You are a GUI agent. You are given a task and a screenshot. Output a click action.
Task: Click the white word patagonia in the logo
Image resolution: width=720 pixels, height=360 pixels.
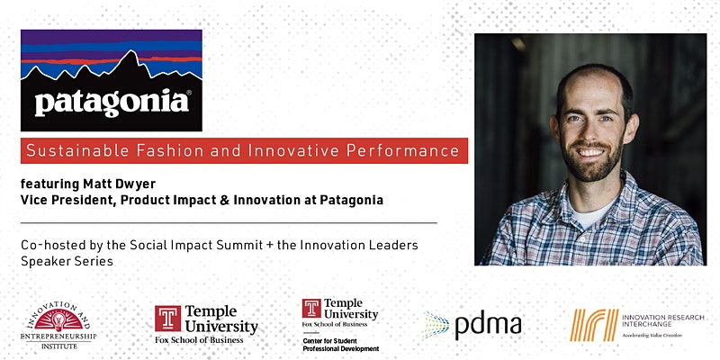(x=112, y=103)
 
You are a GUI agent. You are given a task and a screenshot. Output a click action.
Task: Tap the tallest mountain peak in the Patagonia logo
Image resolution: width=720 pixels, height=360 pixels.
(x=130, y=52)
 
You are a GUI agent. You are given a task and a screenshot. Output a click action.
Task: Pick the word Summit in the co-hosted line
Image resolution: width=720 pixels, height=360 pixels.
(x=239, y=245)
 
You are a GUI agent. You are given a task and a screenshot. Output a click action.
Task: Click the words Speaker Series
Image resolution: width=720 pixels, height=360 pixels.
(x=67, y=262)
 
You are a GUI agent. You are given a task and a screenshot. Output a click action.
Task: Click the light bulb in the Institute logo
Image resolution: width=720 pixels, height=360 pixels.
(x=58, y=321)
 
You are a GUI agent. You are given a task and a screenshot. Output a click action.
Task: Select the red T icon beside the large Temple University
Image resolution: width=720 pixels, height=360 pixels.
(x=167, y=319)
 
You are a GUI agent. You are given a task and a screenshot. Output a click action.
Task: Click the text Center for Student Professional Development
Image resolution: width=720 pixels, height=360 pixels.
(x=341, y=345)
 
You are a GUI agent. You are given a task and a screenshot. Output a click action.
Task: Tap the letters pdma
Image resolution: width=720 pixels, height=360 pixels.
(x=488, y=326)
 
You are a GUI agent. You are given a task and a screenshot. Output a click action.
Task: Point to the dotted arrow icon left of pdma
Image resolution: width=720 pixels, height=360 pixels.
(x=436, y=325)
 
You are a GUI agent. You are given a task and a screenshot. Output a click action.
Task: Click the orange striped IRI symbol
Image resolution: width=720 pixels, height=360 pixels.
(x=594, y=325)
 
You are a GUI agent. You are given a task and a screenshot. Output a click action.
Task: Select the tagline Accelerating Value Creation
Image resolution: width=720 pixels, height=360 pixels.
(x=652, y=336)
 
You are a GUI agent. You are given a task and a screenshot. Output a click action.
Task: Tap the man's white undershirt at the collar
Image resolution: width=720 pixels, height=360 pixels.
(x=589, y=213)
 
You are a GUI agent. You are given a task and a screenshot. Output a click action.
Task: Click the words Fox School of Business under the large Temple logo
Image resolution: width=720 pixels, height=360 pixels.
(x=199, y=340)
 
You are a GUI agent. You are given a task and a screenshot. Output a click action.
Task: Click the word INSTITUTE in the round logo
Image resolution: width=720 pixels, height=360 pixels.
(x=59, y=346)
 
